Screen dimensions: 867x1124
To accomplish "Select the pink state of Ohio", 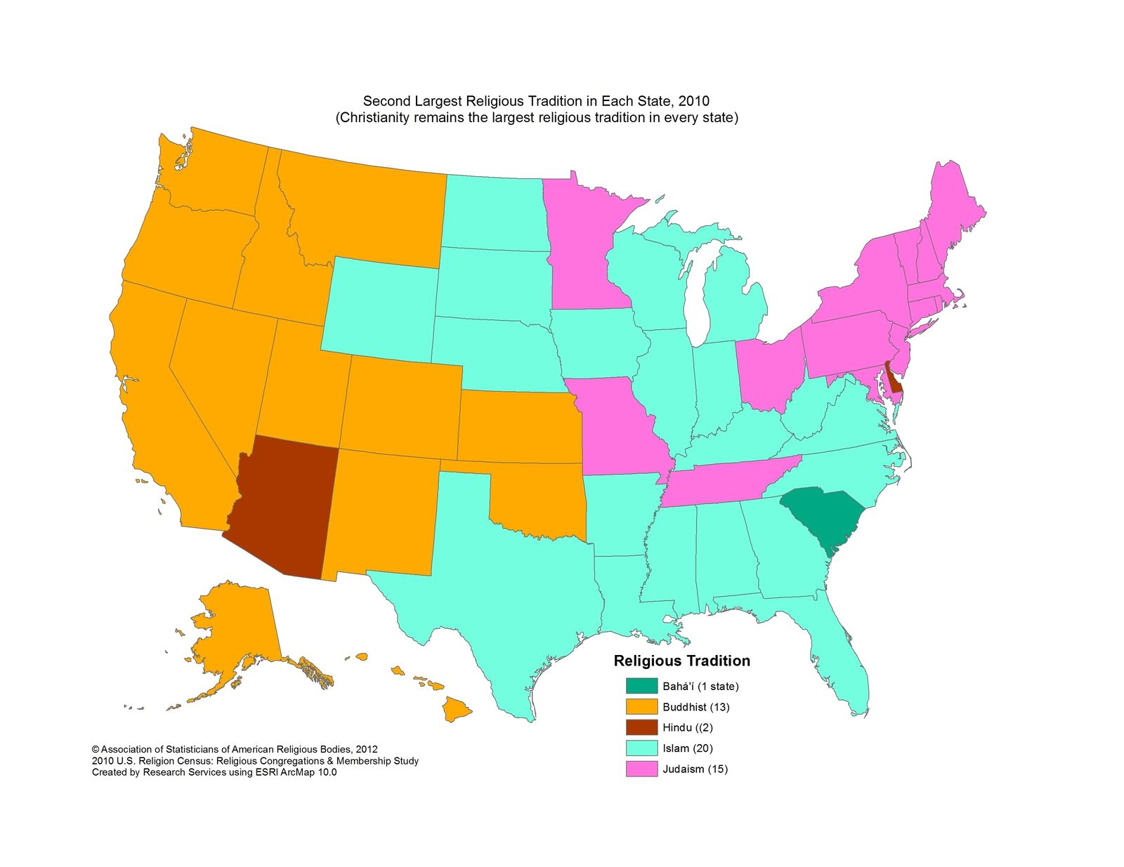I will (769, 372).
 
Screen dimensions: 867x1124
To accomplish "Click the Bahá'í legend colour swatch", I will (641, 686).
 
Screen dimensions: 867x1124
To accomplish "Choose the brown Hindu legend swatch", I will (641, 727).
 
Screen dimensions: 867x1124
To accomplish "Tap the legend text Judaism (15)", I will (695, 769).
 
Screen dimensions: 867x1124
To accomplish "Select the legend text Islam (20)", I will (687, 748).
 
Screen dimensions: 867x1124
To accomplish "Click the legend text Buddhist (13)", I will (695, 707).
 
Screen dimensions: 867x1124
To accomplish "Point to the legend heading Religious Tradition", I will (681, 661).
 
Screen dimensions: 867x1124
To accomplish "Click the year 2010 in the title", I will (695, 102).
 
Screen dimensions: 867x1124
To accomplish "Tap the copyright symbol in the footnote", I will (96, 750).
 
